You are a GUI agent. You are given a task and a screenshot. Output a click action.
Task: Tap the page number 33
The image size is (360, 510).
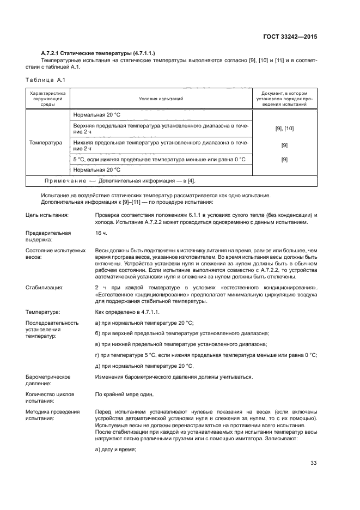313,463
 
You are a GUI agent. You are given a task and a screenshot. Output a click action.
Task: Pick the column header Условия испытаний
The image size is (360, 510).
161,99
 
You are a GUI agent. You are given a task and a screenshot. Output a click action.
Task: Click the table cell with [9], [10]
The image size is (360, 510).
284,129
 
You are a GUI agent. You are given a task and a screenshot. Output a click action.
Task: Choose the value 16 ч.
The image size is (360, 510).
101,233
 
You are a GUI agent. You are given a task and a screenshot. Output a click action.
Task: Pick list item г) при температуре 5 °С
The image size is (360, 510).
205,355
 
